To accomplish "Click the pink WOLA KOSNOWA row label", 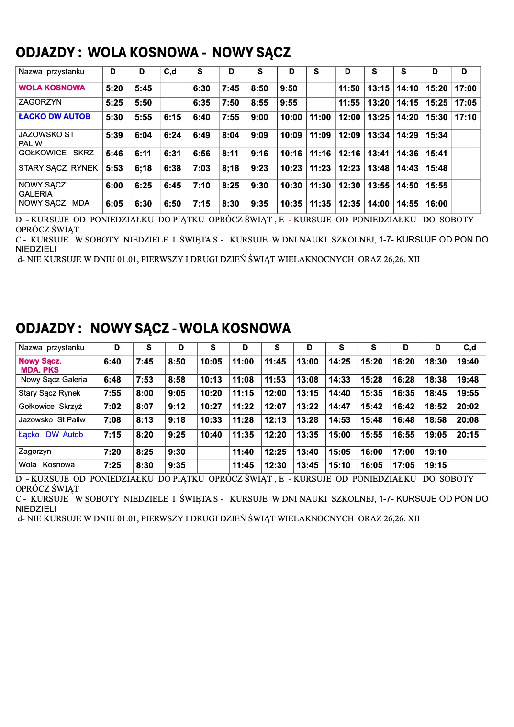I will point(52,88).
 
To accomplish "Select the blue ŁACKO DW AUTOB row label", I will point(54,117).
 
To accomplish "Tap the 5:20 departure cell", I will point(114,88).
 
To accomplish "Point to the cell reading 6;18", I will point(143,168).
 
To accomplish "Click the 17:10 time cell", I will point(465,117).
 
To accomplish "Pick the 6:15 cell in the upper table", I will point(172,117).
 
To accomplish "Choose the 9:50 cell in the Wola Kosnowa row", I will point(289,88).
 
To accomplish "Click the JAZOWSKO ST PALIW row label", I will point(46,139).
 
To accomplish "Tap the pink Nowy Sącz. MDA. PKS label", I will point(40,365).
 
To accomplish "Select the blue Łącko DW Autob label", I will point(51,435).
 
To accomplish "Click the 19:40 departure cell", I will point(467,362).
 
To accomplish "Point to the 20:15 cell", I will point(467,435).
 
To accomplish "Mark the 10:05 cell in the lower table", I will point(211,362).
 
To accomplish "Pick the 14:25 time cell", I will point(339,362).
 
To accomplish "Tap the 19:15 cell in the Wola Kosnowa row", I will point(436,465).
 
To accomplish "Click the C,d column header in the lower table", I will point(469,348).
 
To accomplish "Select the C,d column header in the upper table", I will point(170,72).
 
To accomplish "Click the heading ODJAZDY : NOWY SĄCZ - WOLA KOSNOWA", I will point(153,329).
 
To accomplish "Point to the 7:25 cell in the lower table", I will point(112,465).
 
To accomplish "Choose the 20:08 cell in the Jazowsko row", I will point(467,420).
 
